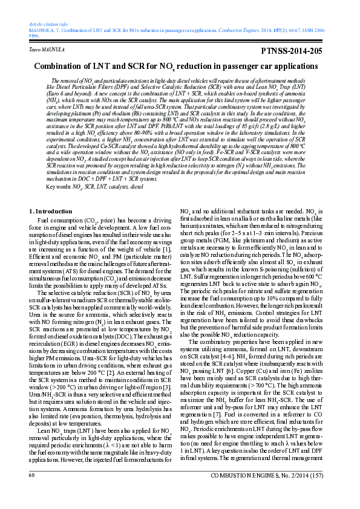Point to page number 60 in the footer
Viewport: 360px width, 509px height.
click(x=31, y=493)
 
